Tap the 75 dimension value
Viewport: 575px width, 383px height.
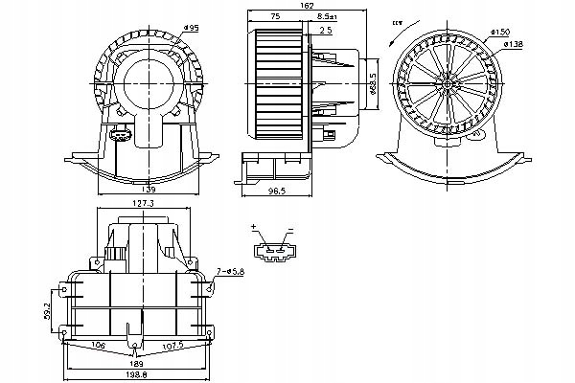(x=275, y=17)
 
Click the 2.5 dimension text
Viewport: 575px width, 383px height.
(x=325, y=31)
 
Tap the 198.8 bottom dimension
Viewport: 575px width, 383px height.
(x=141, y=377)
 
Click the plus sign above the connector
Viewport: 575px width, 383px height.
(x=255, y=228)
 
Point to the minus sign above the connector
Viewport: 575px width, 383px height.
(x=288, y=228)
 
